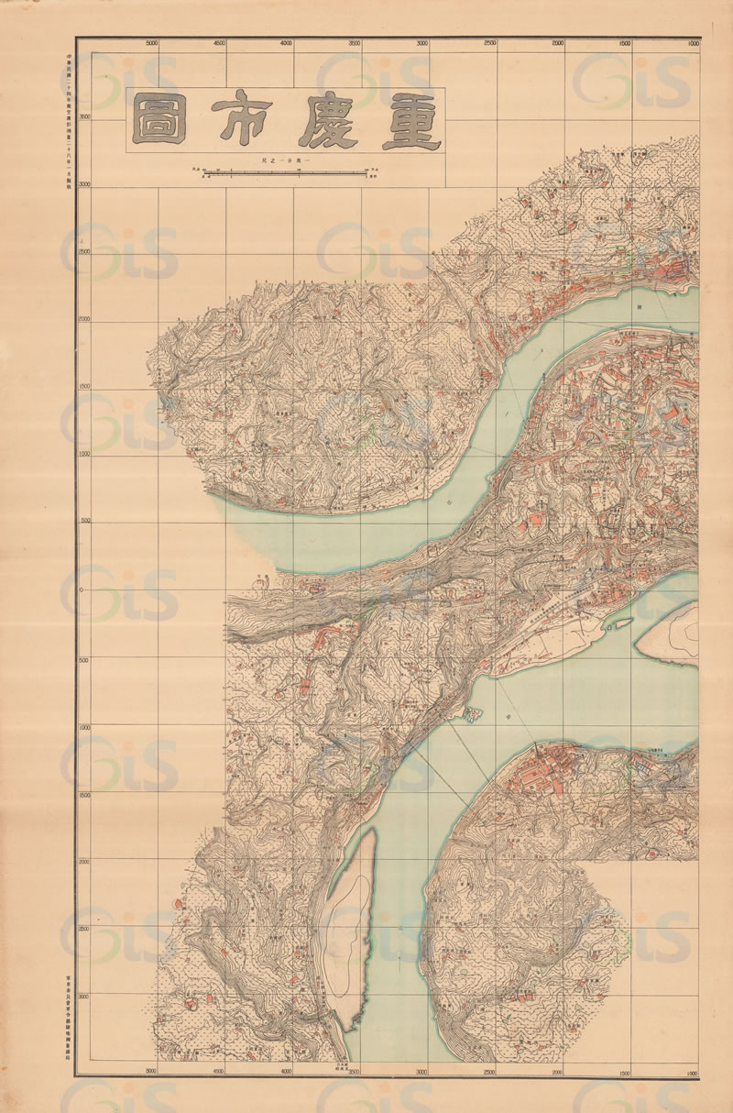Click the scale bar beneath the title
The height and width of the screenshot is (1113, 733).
click(x=285, y=171)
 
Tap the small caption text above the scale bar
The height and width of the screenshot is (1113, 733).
click(x=285, y=160)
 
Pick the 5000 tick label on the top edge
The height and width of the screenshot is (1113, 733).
click(x=152, y=43)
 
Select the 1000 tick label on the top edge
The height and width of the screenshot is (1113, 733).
click(x=692, y=43)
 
